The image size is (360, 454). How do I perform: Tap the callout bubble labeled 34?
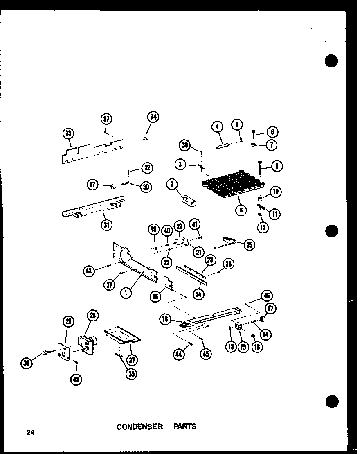click(153, 117)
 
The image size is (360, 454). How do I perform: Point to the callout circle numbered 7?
click(272, 145)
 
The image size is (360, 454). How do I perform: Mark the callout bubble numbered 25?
click(248, 244)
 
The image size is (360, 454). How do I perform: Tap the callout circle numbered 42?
click(89, 270)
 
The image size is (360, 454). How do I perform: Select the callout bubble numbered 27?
click(132, 360)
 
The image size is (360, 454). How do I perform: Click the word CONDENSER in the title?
click(139, 427)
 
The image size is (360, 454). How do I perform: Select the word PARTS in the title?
click(187, 427)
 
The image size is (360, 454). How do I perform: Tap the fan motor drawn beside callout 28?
click(87, 343)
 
